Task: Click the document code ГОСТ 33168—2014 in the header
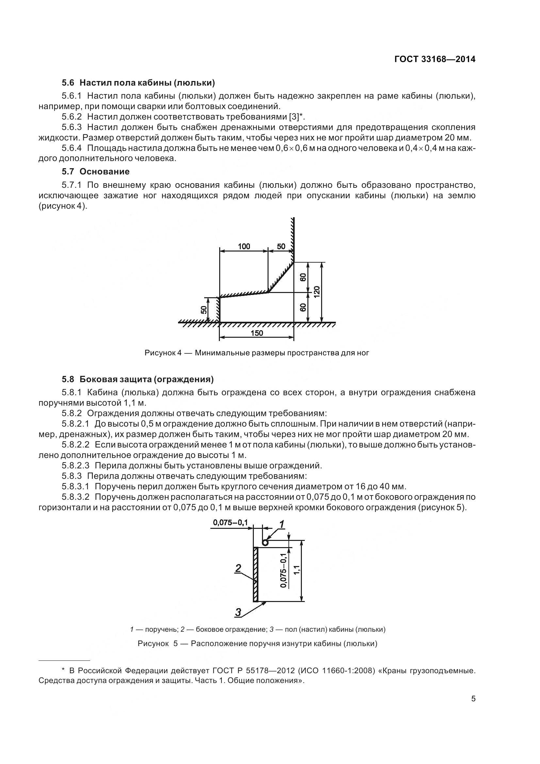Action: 434,59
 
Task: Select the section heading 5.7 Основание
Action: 95,171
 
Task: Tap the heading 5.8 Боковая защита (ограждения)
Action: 138,379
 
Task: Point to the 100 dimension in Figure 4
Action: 244,246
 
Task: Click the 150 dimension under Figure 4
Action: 256,333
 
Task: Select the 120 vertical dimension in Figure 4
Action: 317,292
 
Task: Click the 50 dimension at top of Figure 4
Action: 281,246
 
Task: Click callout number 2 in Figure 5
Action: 238,568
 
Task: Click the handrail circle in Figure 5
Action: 265,543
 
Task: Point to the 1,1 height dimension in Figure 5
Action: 297,569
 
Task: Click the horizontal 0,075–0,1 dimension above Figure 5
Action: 231,522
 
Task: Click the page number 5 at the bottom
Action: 473,698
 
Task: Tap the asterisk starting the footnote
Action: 63,670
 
